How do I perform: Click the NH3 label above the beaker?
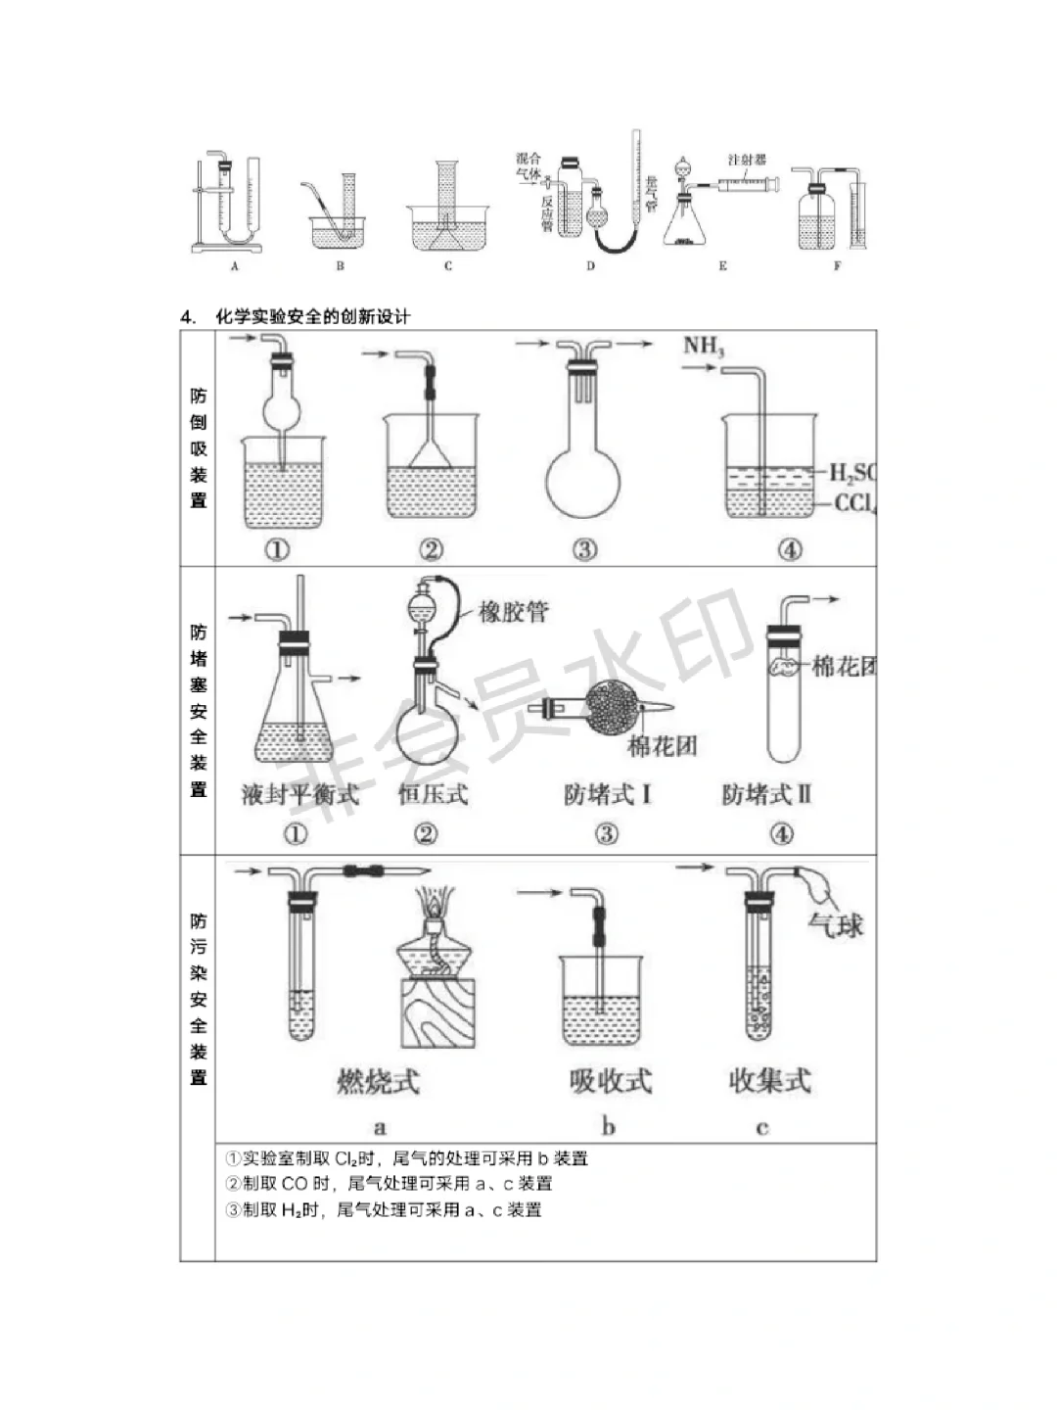click(704, 346)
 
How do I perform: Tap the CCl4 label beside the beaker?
click(854, 503)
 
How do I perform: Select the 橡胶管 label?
click(513, 612)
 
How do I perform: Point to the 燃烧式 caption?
click(378, 1081)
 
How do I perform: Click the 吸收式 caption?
click(610, 1081)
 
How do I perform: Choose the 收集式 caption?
click(769, 1081)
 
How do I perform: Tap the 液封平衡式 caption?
click(300, 794)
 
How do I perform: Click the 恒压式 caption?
click(433, 794)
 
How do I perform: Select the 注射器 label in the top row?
click(747, 160)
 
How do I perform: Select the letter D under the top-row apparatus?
click(590, 266)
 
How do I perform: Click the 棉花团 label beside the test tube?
click(843, 667)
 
